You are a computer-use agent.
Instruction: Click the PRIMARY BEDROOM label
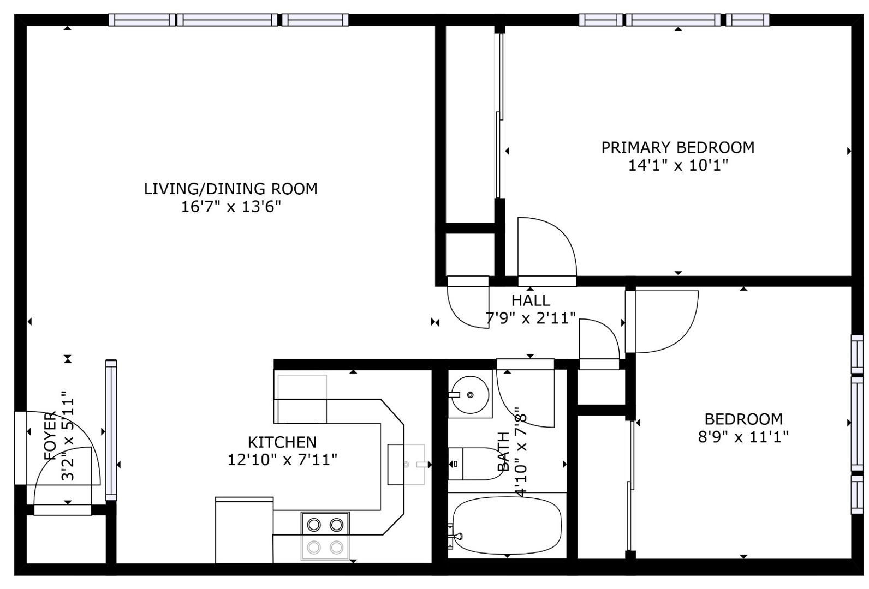pyautogui.click(x=678, y=148)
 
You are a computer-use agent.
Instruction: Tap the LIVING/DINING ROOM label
pyautogui.click(x=231, y=189)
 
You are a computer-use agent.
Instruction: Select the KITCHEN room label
pyautogui.click(x=282, y=442)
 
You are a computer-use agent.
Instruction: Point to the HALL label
pyautogui.click(x=531, y=300)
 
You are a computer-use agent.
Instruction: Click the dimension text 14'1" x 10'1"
pyautogui.click(x=678, y=165)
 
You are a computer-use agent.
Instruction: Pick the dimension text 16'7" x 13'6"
pyautogui.click(x=231, y=207)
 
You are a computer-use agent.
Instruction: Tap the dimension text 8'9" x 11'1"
pyautogui.click(x=743, y=437)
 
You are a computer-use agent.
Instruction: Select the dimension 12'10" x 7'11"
pyautogui.click(x=282, y=460)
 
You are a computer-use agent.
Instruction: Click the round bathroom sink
pyautogui.click(x=470, y=395)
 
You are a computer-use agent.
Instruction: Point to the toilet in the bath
pyautogui.click(x=475, y=464)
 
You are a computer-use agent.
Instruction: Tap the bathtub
pyautogui.click(x=507, y=525)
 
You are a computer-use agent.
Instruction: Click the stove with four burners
pyautogui.click(x=325, y=536)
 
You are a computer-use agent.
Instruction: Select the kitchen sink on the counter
pyautogui.click(x=406, y=464)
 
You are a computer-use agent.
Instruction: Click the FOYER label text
pyautogui.click(x=50, y=436)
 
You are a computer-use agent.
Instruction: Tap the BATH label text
pyautogui.click(x=503, y=452)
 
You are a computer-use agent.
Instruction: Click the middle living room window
pyautogui.click(x=227, y=20)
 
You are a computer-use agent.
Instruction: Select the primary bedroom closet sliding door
pyautogui.click(x=499, y=116)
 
